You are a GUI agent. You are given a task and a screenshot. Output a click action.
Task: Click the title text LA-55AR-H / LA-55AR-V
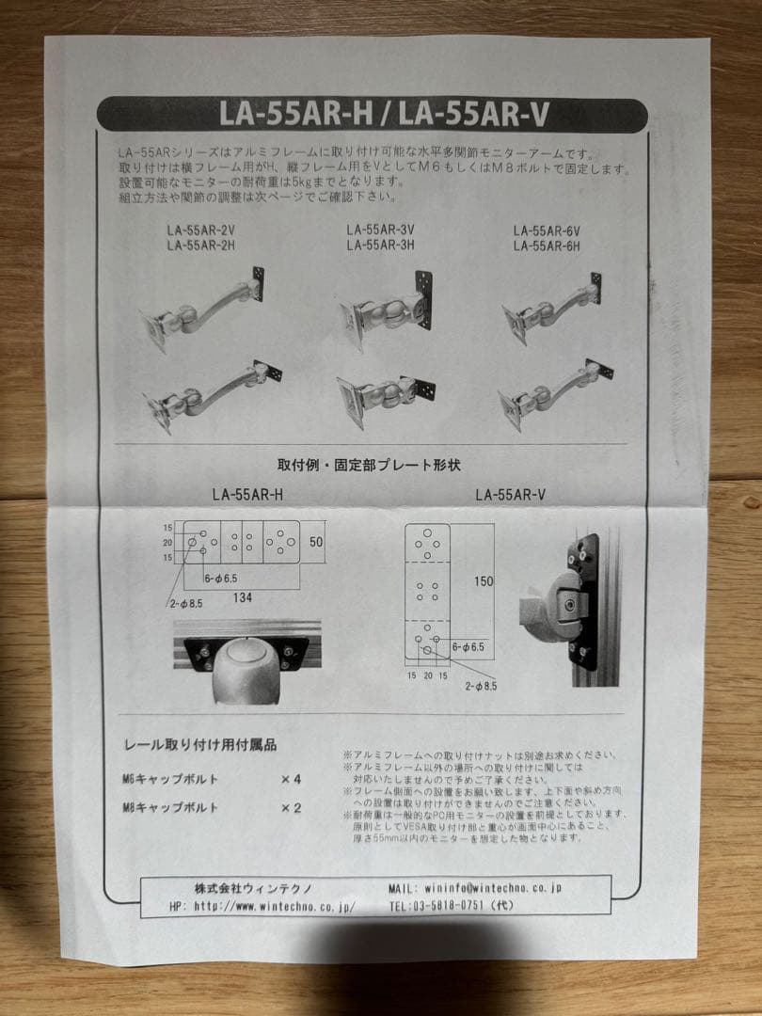coord(383,115)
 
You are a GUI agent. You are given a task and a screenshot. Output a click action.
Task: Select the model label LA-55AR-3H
coord(381,246)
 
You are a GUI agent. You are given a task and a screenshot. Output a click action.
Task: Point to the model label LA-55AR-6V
coord(547,230)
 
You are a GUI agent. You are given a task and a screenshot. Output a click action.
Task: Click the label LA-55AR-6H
coord(547,245)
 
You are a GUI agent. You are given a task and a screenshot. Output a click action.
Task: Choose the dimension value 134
coord(242,596)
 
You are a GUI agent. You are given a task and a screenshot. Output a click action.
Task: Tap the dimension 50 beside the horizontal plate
coord(316,542)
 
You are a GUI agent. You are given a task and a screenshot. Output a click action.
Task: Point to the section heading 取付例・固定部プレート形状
coord(368,465)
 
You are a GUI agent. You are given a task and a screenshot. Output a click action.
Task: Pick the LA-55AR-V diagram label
coord(511,493)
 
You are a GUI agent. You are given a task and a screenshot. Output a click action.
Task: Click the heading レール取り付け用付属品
coord(200,745)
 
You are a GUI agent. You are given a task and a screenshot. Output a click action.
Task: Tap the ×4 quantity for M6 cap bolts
coord(290,780)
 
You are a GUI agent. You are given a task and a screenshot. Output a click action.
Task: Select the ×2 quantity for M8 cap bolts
coord(290,807)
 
